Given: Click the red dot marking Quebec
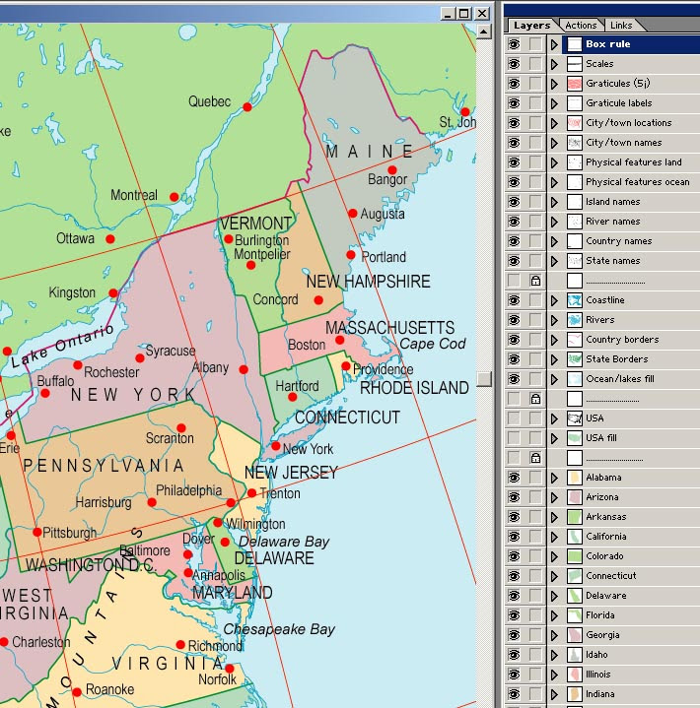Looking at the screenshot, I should pos(247,106).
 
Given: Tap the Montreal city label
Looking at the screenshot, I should pos(133,195).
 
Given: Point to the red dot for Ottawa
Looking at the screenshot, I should pos(110,238).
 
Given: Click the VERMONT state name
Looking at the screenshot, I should pos(255,224).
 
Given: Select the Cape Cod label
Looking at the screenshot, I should pos(432,344).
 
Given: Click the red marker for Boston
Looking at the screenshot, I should pos(340,340).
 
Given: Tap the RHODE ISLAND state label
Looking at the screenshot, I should pos(414,388).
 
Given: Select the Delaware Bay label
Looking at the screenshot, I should pos(284,542).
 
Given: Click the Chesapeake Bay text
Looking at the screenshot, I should pos(279,629).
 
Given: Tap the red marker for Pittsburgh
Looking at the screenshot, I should pos(37,532).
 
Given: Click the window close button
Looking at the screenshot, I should pos(481,13).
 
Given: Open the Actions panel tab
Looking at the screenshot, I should pos(581,25).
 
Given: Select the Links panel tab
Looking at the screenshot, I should pos(621,25).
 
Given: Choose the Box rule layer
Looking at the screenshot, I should pos(607,44).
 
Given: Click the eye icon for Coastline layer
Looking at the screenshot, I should pos(514,300).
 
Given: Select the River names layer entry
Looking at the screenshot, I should pos(612,222).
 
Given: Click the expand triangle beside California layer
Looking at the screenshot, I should pos(554,537).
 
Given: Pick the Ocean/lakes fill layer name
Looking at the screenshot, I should pos(619,379).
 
